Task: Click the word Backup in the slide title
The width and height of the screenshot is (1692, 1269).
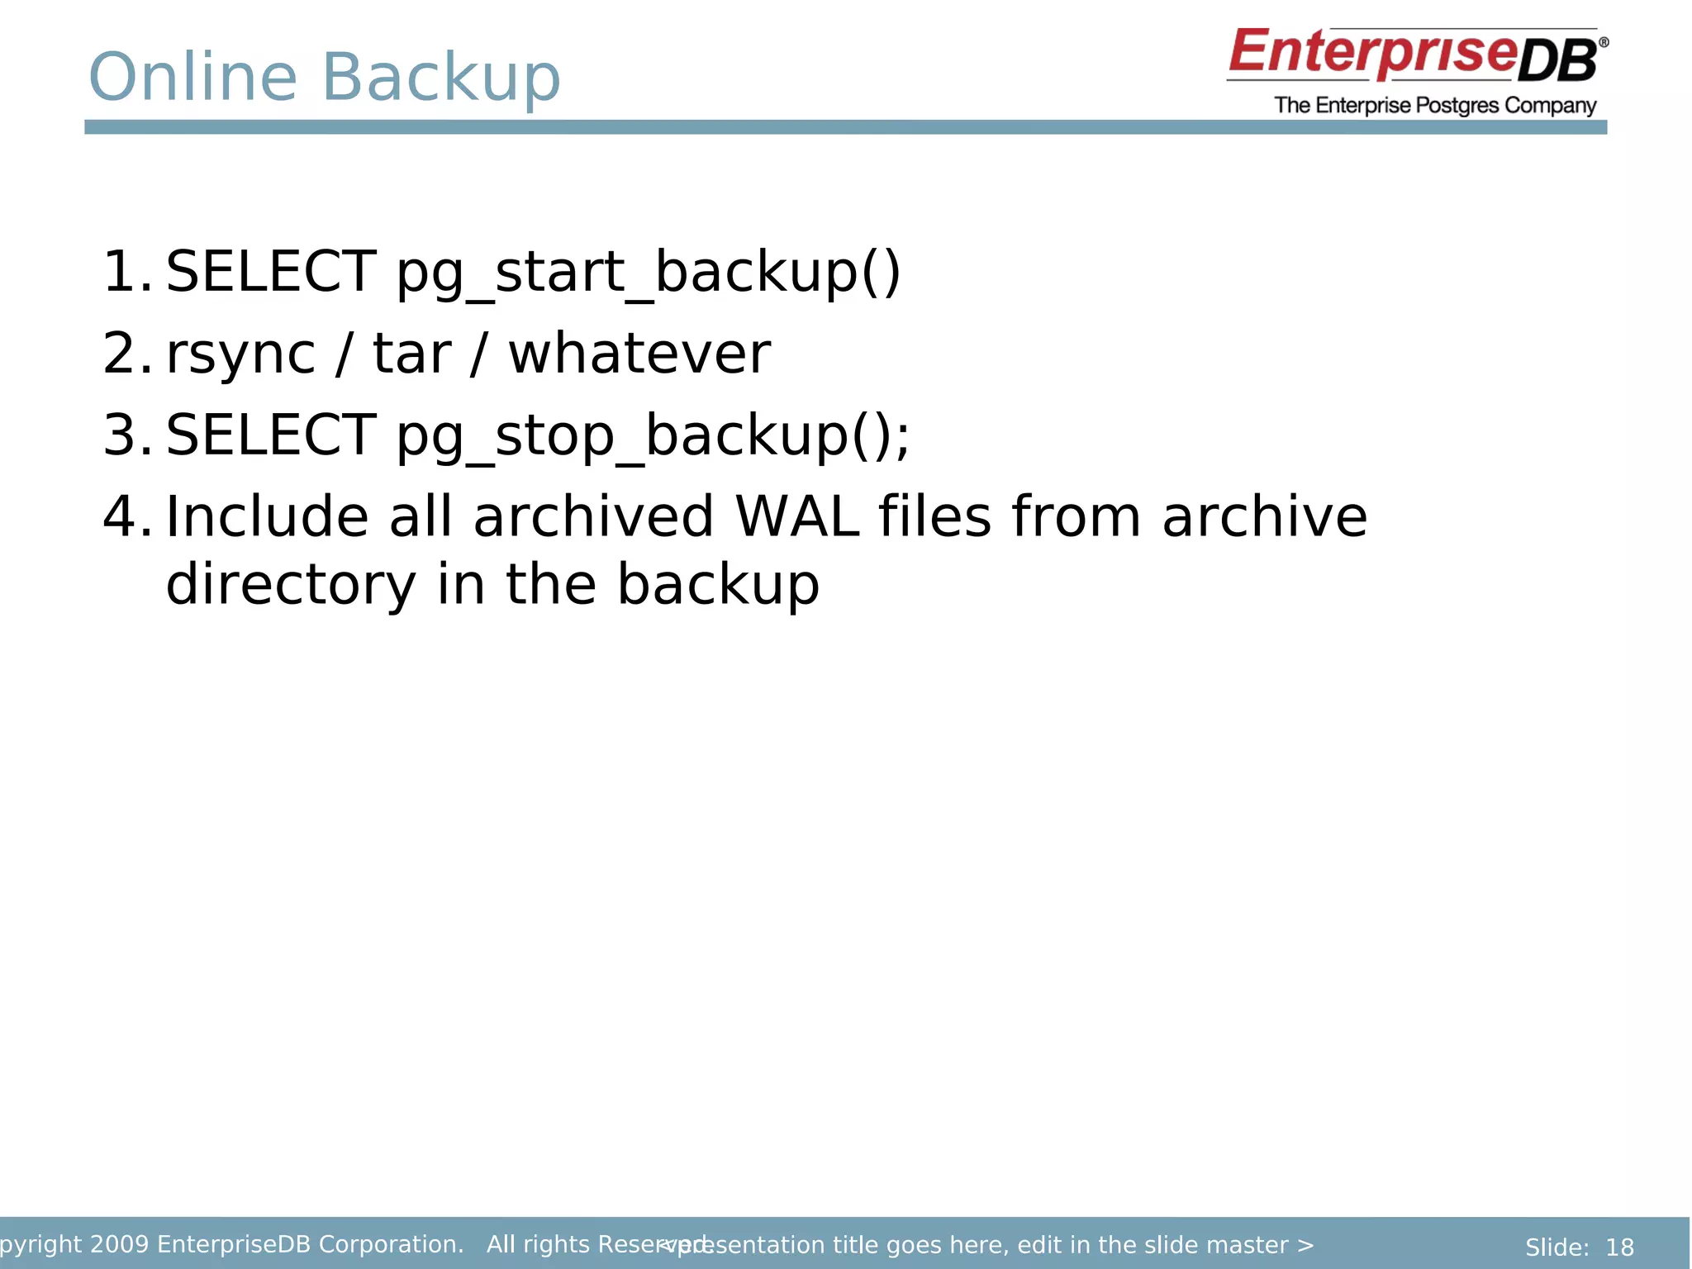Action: tap(440, 78)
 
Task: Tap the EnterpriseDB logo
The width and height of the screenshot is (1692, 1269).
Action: tap(1416, 55)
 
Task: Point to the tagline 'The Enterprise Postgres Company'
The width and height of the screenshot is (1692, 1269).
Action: tap(1435, 106)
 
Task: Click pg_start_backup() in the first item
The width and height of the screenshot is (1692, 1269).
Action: tap(649, 273)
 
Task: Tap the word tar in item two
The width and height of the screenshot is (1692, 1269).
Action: tap(411, 354)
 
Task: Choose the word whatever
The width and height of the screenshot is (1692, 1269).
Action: tap(639, 354)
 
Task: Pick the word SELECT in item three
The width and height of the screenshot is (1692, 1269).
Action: tap(271, 435)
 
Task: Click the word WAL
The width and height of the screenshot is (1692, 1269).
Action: tap(796, 516)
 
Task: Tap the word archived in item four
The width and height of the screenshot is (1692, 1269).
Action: tap(592, 516)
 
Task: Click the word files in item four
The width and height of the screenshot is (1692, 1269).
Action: tap(934, 516)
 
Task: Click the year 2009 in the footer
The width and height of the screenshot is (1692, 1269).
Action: tap(119, 1244)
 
